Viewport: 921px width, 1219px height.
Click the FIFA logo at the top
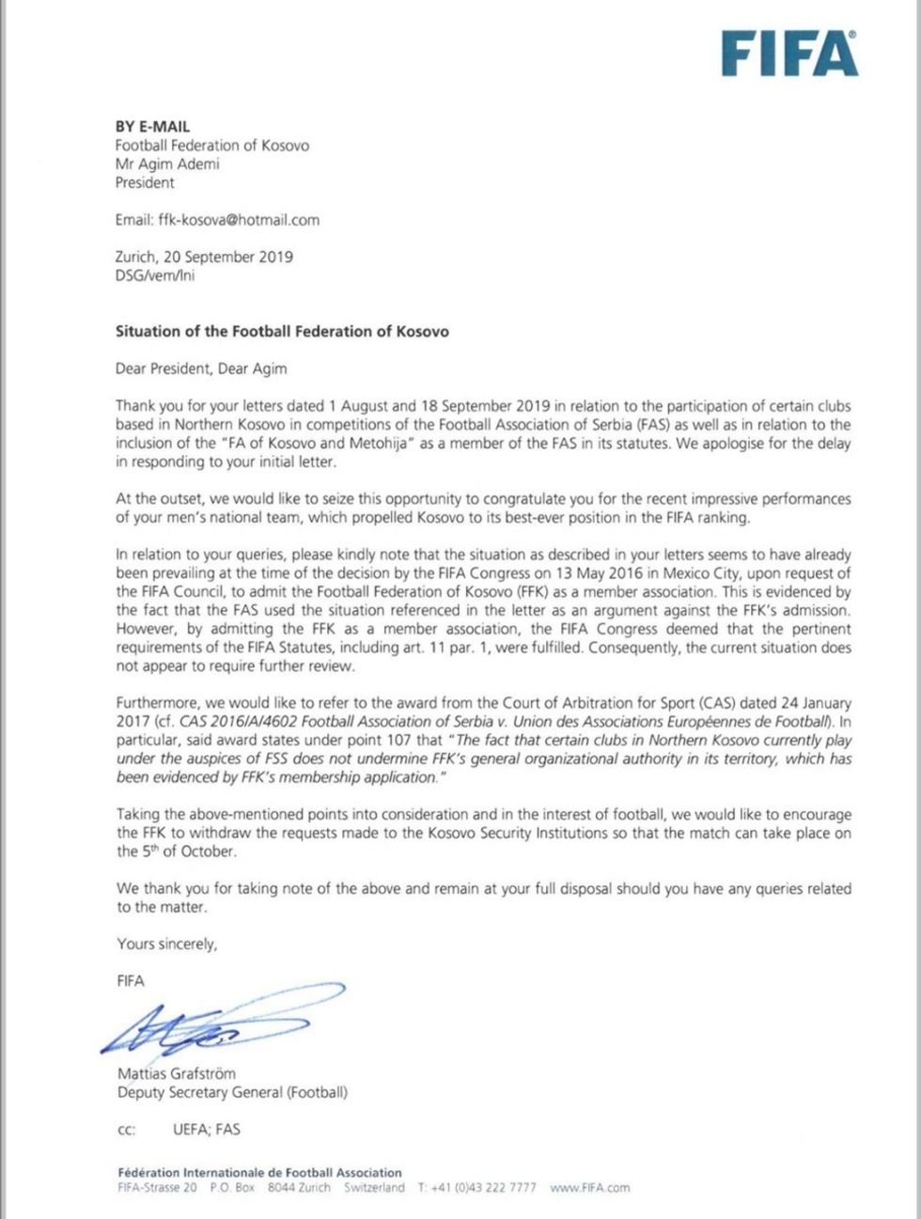click(x=788, y=55)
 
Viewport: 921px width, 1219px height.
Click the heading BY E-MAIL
click(x=152, y=126)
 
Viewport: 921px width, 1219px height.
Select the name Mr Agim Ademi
click(x=167, y=164)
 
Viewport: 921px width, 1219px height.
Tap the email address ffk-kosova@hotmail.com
click(x=239, y=220)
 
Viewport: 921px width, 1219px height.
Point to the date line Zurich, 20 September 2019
click(x=204, y=257)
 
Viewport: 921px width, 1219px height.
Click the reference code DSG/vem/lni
click(x=155, y=275)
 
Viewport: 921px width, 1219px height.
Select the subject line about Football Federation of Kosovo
click(x=282, y=331)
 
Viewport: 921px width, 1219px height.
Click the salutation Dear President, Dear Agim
click(x=201, y=368)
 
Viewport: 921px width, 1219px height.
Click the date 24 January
click(x=819, y=703)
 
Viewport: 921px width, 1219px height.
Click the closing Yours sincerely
click(x=166, y=944)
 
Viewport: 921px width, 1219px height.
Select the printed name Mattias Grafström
click(x=177, y=1073)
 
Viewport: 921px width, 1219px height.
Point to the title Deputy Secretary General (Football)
click(x=232, y=1092)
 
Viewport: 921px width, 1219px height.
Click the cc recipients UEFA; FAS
click(x=206, y=1129)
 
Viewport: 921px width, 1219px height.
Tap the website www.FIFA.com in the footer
click(x=590, y=1187)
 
